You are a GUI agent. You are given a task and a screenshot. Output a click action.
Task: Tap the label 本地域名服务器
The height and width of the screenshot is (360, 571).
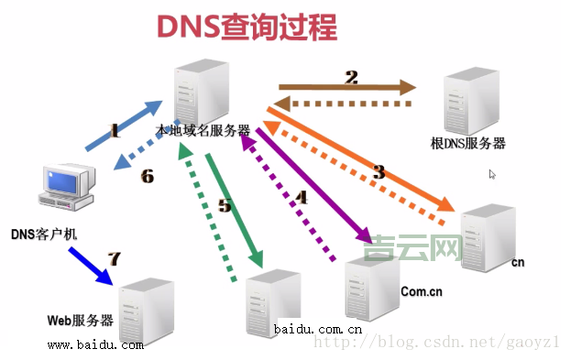tap(203, 131)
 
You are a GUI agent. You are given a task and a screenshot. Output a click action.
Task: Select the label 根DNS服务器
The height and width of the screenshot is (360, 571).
tap(468, 144)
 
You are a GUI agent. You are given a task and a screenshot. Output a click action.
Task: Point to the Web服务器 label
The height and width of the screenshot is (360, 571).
tap(81, 321)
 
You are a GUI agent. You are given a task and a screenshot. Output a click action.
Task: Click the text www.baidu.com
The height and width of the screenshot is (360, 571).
tap(95, 345)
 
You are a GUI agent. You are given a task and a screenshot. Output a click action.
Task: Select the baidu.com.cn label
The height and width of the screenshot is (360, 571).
tap(318, 329)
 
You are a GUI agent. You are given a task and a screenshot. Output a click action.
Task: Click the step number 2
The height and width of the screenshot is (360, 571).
tap(350, 77)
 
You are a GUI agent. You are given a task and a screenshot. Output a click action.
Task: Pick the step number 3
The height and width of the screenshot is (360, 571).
tap(379, 170)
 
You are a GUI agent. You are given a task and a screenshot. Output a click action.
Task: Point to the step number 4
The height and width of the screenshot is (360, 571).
tap(302, 195)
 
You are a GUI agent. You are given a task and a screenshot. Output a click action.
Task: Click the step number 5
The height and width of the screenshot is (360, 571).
tap(225, 204)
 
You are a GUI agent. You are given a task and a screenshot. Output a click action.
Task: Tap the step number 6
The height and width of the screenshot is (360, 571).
tap(147, 176)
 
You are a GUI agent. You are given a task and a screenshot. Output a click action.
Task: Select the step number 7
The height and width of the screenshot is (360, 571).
tap(114, 258)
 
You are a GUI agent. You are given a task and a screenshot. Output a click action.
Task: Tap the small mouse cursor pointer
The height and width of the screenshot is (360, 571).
tap(492, 174)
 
